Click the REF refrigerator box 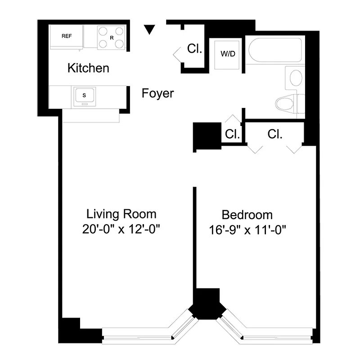coord(66,36)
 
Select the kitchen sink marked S coord(84,95)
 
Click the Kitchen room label coord(88,68)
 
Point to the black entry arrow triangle coord(150,30)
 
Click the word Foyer coord(157,94)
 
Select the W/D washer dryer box coord(227,54)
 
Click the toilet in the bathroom coord(286,104)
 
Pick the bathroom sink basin coord(295,77)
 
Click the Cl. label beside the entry coord(194,49)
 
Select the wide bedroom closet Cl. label coord(274,134)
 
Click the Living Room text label coord(121,213)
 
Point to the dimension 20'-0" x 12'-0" coord(121,229)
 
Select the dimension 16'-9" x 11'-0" coord(247,230)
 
